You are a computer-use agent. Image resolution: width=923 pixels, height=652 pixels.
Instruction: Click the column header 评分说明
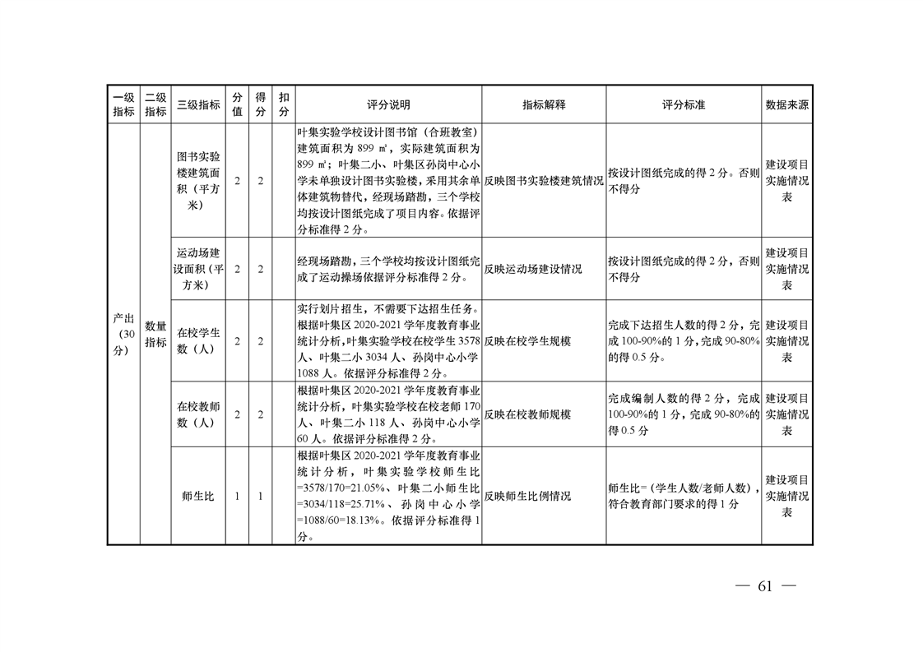click(x=388, y=105)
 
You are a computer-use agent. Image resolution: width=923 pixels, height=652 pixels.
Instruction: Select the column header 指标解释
click(x=544, y=105)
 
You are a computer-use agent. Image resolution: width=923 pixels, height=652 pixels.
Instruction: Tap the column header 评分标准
click(x=684, y=105)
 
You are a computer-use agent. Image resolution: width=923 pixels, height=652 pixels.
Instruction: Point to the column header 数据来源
click(x=786, y=105)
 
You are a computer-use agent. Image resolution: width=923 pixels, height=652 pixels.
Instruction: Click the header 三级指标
click(x=198, y=105)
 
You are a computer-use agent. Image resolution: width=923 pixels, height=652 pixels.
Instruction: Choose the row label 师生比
click(x=198, y=497)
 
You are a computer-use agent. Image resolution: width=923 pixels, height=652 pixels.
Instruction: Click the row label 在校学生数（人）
click(x=198, y=341)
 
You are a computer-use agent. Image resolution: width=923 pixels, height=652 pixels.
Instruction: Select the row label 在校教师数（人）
click(x=198, y=414)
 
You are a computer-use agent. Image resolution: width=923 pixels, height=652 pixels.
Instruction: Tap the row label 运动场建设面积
click(x=198, y=268)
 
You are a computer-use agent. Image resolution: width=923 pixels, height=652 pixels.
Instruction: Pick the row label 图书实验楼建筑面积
click(x=198, y=180)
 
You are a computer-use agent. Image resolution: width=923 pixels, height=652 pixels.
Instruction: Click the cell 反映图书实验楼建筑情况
click(x=544, y=181)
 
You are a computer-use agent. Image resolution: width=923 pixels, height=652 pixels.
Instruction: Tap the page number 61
click(x=765, y=586)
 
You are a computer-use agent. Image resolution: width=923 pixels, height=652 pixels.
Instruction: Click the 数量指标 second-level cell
click(x=155, y=334)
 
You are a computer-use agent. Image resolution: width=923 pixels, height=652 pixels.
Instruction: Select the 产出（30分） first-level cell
click(x=123, y=334)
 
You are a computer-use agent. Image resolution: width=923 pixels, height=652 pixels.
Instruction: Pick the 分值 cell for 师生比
click(x=237, y=497)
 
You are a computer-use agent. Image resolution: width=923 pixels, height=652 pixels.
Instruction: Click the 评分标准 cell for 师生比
click(x=684, y=496)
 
